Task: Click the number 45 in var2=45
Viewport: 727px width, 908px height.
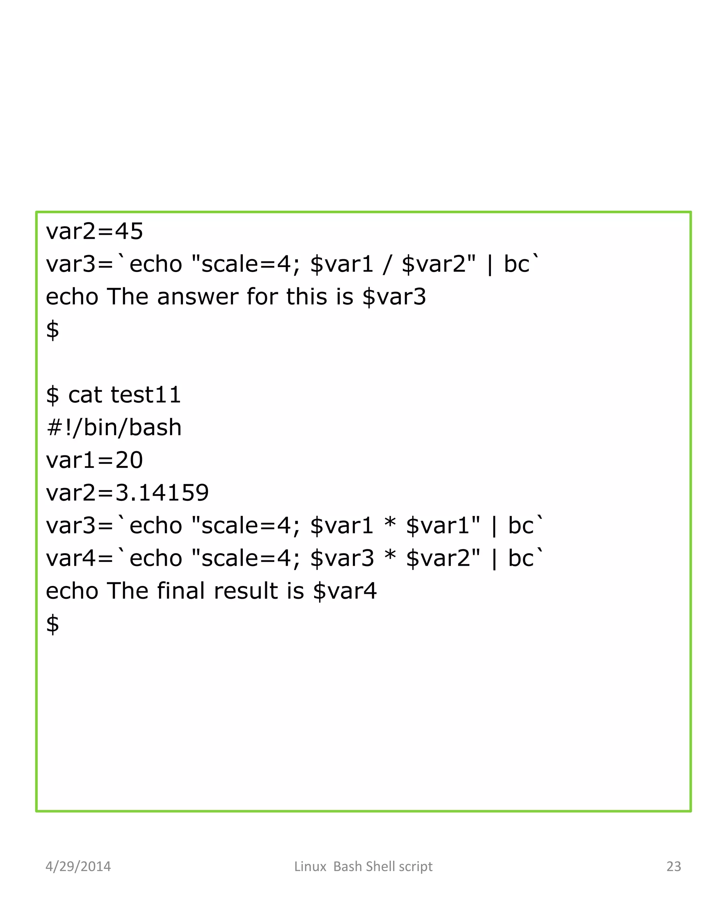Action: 129,231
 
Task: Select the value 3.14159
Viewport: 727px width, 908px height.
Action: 162,493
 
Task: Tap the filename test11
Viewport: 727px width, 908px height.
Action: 146,395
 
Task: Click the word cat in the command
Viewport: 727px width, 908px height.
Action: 85,395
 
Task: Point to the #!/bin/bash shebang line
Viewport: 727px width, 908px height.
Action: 114,427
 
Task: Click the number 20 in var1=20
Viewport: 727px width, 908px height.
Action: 129,460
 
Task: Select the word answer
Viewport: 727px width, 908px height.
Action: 198,297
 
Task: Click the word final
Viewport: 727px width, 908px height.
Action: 181,591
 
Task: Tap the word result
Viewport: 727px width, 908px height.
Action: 246,591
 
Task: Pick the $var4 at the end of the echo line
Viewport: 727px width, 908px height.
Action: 345,591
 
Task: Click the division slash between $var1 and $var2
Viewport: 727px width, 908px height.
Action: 387,265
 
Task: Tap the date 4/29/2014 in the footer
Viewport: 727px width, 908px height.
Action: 78,866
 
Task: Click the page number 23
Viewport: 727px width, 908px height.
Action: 673,866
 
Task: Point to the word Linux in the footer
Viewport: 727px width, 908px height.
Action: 310,866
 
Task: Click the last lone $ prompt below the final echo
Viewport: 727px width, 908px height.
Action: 52,624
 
